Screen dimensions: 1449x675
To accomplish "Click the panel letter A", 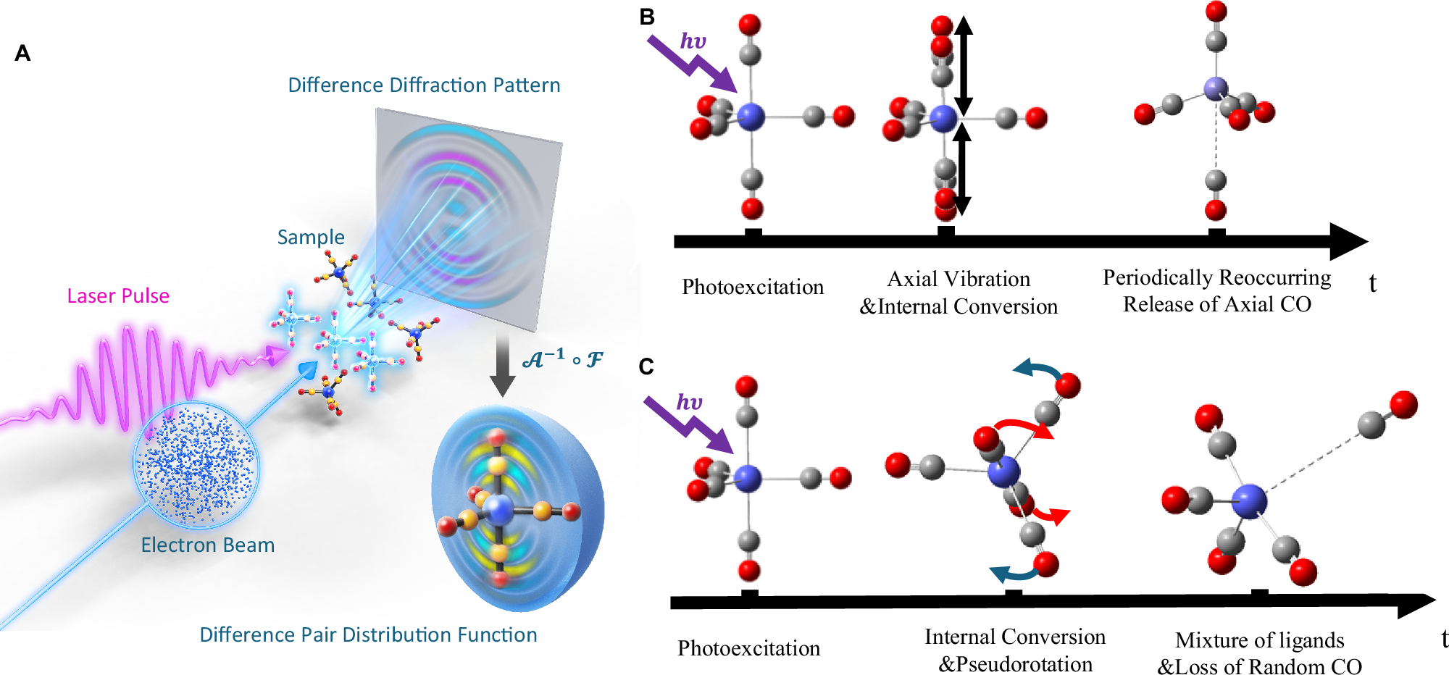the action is [x=22, y=54].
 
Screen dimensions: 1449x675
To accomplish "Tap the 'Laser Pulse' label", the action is [x=118, y=295].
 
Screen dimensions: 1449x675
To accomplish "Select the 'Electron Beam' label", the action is [x=208, y=545].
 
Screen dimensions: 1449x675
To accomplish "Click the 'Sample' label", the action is [x=311, y=238].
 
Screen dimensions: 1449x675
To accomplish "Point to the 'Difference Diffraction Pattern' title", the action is [x=424, y=85].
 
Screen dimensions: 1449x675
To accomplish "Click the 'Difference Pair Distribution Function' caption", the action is [x=368, y=635].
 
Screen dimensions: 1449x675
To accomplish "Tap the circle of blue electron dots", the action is [x=196, y=464].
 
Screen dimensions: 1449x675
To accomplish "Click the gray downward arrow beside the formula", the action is [x=501, y=366].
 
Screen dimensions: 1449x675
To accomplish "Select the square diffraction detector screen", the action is [x=467, y=217].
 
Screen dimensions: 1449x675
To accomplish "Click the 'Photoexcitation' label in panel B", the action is [x=753, y=287].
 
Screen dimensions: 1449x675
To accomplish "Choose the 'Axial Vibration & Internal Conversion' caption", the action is [x=959, y=293].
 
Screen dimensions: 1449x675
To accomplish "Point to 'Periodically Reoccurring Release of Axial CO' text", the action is [x=1217, y=290].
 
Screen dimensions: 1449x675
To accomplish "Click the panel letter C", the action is [x=646, y=366].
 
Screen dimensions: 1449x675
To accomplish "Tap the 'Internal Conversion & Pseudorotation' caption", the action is [x=1015, y=650].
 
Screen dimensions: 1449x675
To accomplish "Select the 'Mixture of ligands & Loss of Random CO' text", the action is [x=1260, y=653].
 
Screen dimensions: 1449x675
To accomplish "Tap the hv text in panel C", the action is [x=690, y=402].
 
